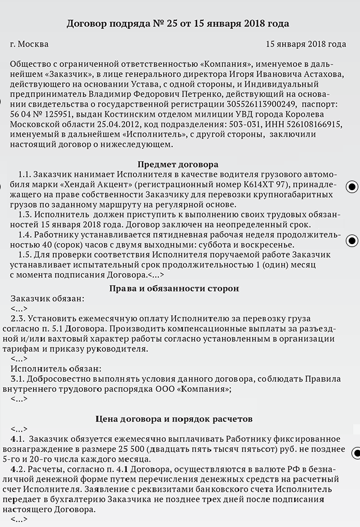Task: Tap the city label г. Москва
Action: [30, 44]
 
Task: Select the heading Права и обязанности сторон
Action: [174, 288]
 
